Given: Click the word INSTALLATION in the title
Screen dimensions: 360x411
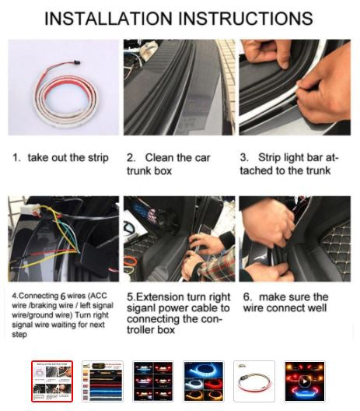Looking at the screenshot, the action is point(108,19).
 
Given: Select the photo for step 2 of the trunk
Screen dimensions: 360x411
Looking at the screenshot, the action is point(180,87).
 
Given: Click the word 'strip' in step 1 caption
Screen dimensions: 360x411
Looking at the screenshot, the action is point(98,158).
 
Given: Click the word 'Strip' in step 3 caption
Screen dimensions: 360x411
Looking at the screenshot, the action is point(269,158).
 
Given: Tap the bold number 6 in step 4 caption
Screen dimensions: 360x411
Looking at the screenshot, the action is point(63,297).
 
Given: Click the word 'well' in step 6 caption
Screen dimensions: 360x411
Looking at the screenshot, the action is point(316,307).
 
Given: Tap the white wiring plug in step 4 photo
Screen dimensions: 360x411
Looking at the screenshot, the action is point(30,209).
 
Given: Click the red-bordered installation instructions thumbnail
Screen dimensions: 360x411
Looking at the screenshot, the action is point(52,381).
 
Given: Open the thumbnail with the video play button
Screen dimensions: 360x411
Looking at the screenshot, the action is point(305,381).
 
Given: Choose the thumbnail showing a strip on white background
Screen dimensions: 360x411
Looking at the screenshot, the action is point(254,381).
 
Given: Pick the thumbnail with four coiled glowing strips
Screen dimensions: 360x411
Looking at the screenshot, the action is point(204,381).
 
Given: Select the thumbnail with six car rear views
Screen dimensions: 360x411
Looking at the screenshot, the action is point(153,381).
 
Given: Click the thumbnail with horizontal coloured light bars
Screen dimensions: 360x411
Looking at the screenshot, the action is point(103,381).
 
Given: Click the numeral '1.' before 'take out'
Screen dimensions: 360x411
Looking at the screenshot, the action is point(16,158).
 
